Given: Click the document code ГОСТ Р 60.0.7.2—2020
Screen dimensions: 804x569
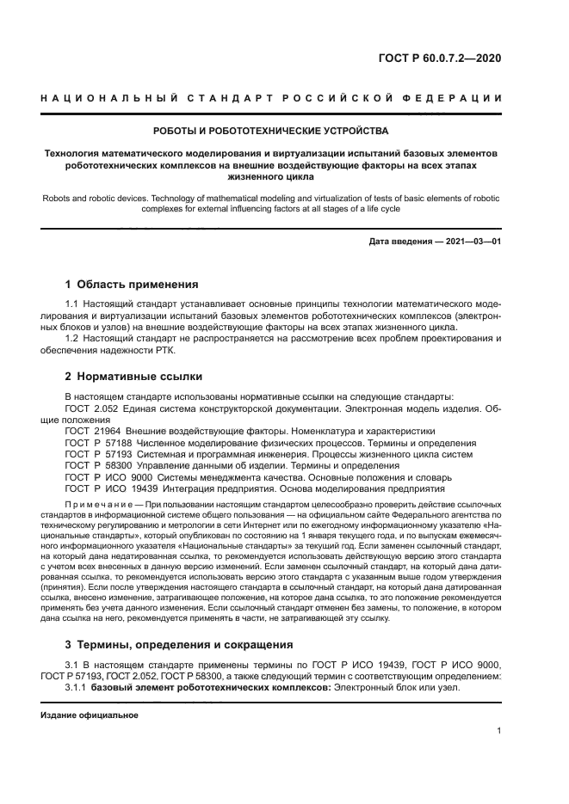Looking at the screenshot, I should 439,58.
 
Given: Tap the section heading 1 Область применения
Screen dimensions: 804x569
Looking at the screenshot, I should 132,284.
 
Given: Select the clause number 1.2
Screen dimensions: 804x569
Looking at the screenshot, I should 71,338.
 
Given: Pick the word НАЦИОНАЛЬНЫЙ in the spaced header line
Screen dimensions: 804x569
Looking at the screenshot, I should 102,97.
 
